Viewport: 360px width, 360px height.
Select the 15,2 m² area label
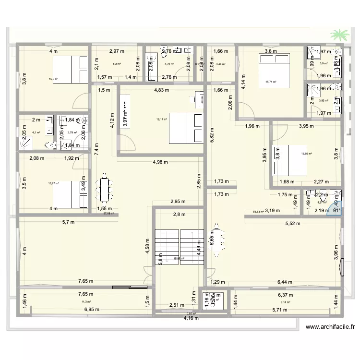pyautogui.click(x=53, y=80)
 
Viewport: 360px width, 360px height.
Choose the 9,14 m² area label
pyautogui.click(x=291, y=302)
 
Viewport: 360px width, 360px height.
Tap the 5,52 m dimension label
pyautogui.click(x=292, y=223)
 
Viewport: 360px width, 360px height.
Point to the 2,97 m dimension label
pyautogui.click(x=117, y=50)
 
